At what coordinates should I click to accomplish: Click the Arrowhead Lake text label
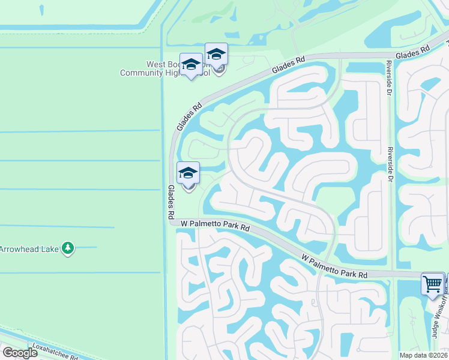click(28, 249)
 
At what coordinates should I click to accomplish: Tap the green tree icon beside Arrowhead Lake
click(68, 248)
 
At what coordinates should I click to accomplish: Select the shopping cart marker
click(433, 283)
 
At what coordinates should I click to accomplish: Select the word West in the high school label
click(155, 64)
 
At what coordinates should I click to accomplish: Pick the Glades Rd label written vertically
click(170, 201)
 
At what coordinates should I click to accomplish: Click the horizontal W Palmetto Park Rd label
click(215, 227)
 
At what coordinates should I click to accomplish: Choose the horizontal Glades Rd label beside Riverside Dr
click(414, 54)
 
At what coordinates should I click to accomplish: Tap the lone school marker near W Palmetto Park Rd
click(188, 175)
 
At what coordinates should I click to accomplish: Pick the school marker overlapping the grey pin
click(216, 55)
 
